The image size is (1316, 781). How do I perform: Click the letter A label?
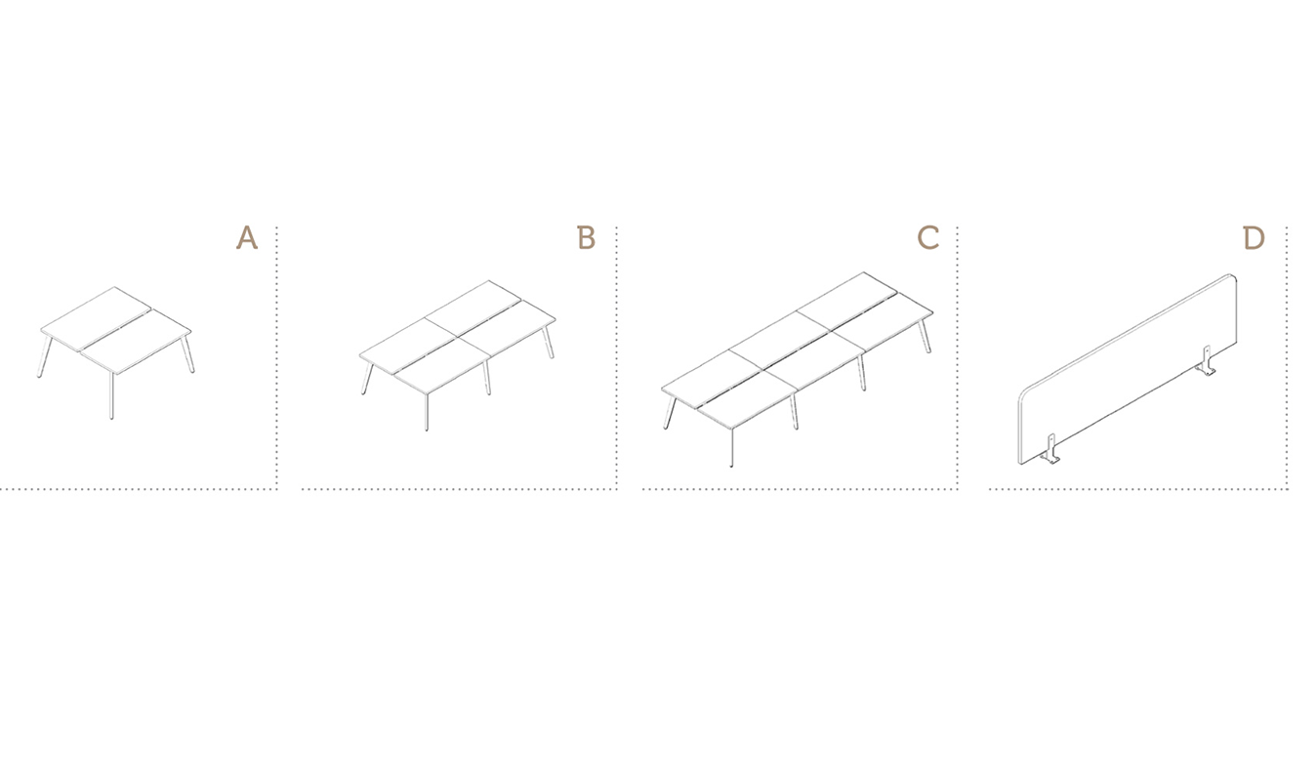pyautogui.click(x=247, y=237)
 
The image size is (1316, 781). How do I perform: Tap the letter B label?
pyautogui.click(x=587, y=237)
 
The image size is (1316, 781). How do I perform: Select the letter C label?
pyautogui.click(x=927, y=238)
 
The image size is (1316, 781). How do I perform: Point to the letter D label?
pyautogui.click(x=1254, y=238)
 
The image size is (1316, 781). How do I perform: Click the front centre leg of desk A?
pyautogui.click(x=111, y=395)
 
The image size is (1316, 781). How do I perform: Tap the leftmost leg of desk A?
pyautogui.click(x=45, y=356)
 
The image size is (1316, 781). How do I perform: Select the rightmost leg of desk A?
pyautogui.click(x=188, y=353)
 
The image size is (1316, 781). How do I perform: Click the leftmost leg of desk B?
pyautogui.click(x=367, y=379)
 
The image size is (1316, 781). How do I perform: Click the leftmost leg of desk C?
pyautogui.click(x=670, y=413)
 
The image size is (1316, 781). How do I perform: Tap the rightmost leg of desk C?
pyautogui.click(x=925, y=336)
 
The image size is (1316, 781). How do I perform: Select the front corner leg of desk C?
pyautogui.click(x=731, y=447)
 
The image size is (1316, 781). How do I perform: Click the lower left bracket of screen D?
pyautogui.click(x=1049, y=449)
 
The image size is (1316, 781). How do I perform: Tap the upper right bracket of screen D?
pyautogui.click(x=1206, y=361)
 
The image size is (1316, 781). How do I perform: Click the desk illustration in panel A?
pyautogui.click(x=116, y=352)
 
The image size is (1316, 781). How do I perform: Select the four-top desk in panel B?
pyautogui.click(x=458, y=355)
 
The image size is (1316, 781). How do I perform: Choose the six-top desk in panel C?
pyautogui.click(x=798, y=370)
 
